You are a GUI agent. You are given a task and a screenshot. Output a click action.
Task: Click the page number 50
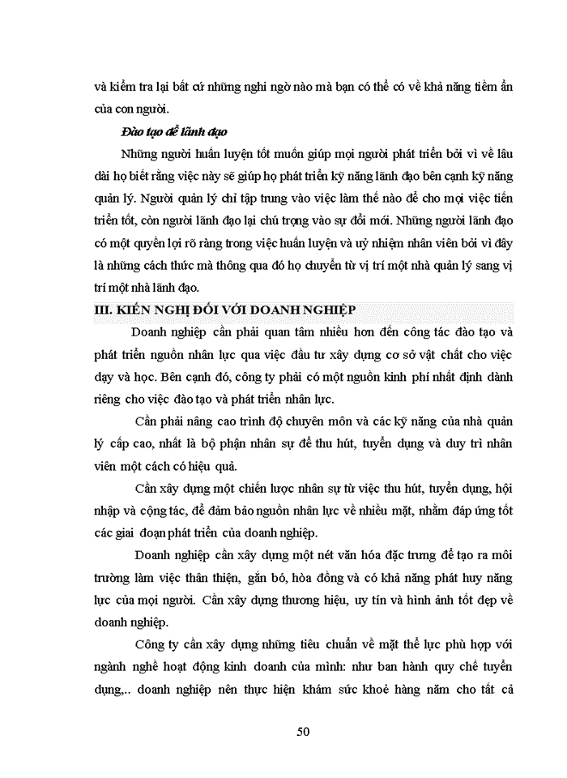click(304, 731)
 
